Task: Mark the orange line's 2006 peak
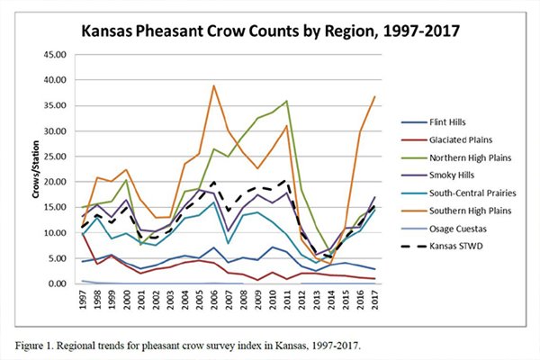[213, 86]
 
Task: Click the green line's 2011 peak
[286, 102]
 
